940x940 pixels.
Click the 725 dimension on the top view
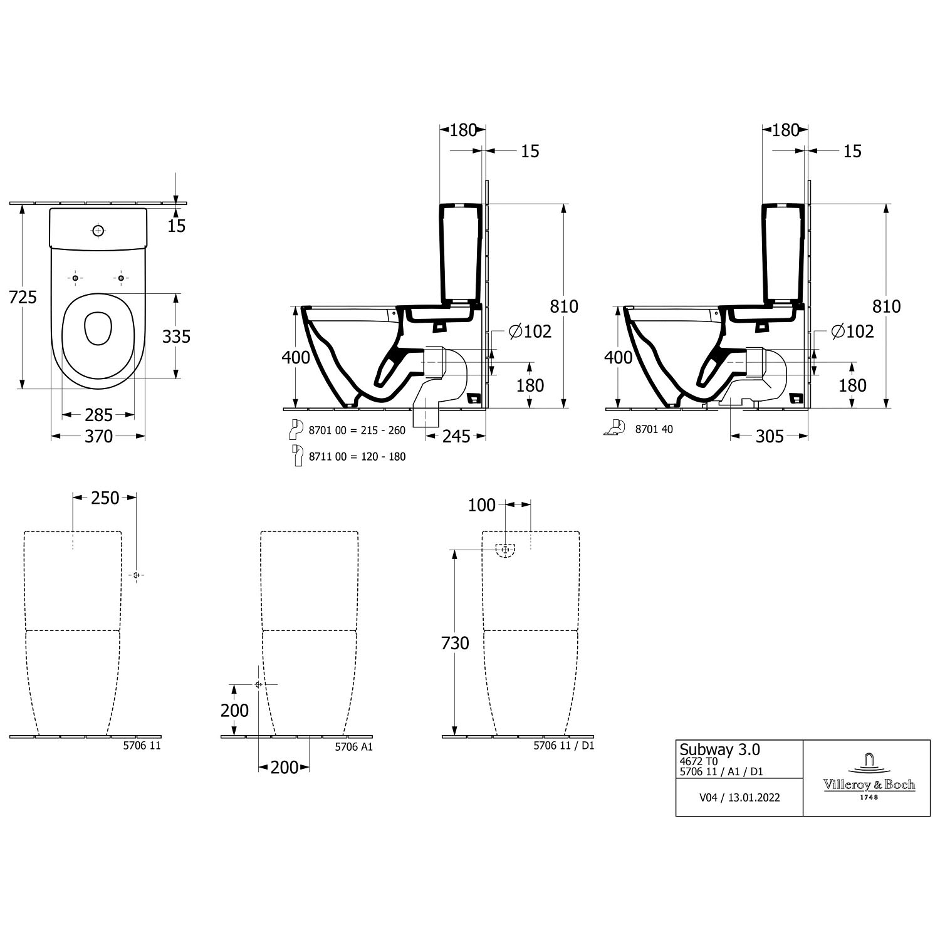click(x=23, y=297)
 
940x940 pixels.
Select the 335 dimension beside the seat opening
click(x=176, y=337)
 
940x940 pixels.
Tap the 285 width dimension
click(x=98, y=415)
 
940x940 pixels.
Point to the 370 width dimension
click(x=98, y=436)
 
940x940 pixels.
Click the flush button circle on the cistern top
click(x=97, y=231)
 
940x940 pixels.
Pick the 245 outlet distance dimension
click(x=456, y=436)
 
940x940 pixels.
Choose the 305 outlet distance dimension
click(x=770, y=436)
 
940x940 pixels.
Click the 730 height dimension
click(x=455, y=643)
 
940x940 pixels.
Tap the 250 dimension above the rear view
click(x=105, y=498)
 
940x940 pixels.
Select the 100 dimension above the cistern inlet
click(x=481, y=505)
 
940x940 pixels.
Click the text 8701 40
click(x=654, y=429)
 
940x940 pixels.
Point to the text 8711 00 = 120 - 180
click(x=357, y=457)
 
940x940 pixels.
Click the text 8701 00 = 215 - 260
click(x=357, y=431)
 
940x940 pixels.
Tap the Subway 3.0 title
click(x=720, y=750)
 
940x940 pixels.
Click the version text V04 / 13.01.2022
click(x=739, y=798)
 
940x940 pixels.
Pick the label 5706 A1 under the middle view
click(x=354, y=747)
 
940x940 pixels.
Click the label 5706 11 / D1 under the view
click(x=563, y=746)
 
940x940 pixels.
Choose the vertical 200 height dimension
click(x=234, y=711)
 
